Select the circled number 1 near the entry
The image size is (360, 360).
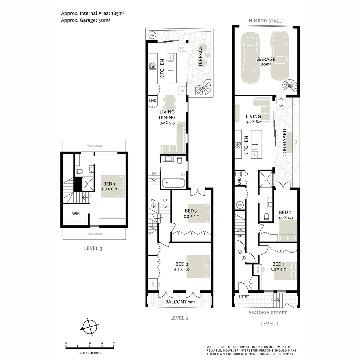click(x=243, y=258)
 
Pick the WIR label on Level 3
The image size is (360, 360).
click(x=77, y=213)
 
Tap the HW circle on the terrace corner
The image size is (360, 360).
click(x=152, y=35)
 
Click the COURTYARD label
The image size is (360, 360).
click(x=284, y=143)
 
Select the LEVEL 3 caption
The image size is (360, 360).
click(x=93, y=248)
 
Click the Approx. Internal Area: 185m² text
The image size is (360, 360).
click(x=93, y=13)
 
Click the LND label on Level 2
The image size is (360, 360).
click(x=152, y=101)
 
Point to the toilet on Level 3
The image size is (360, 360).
click(x=79, y=171)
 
